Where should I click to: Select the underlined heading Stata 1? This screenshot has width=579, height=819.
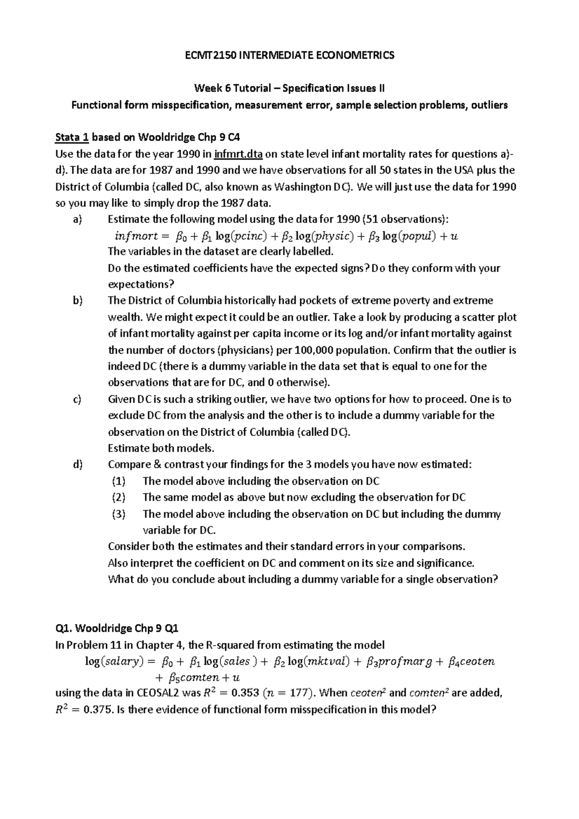click(x=72, y=137)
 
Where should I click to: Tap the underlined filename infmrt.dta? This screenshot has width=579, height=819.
click(x=239, y=154)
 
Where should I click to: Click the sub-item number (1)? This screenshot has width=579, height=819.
click(x=119, y=481)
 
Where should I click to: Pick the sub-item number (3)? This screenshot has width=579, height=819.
click(x=119, y=514)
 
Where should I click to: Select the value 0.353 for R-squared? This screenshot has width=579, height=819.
click(x=246, y=693)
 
